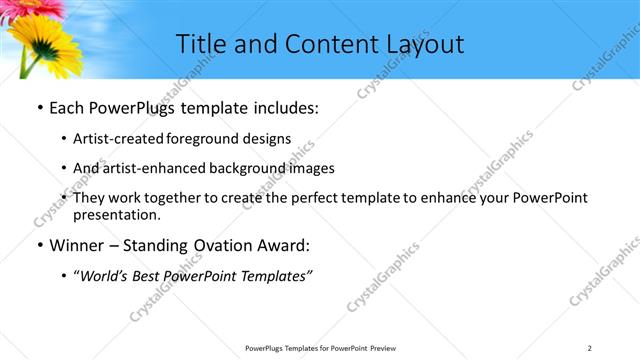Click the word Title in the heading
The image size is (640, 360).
pos(203,44)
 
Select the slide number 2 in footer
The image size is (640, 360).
pos(590,347)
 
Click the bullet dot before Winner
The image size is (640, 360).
pos(38,245)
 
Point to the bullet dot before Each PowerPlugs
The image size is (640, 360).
pos(38,108)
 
